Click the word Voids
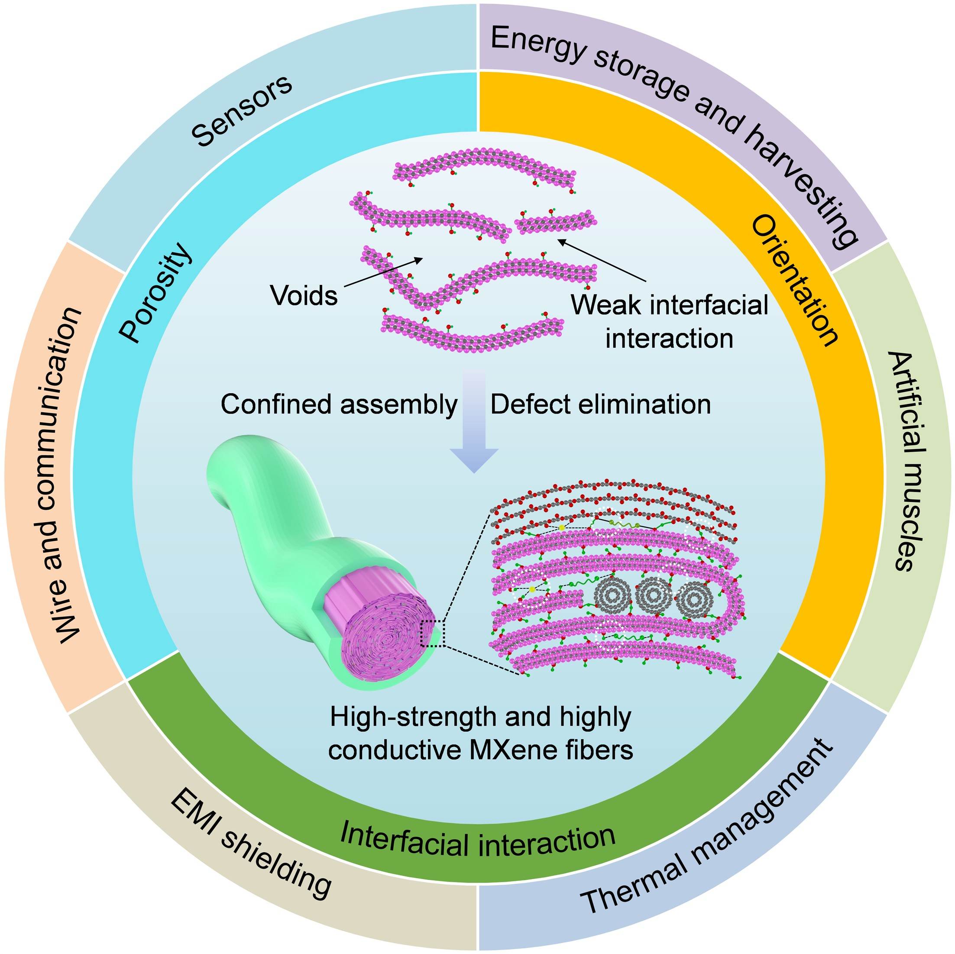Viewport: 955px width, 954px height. coord(304,296)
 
